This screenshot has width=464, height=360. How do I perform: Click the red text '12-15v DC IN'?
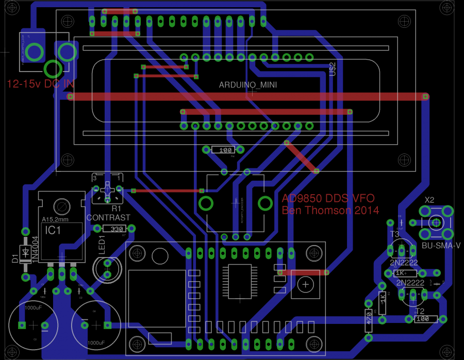coord(40,84)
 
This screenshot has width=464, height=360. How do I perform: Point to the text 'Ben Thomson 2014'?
coord(330,210)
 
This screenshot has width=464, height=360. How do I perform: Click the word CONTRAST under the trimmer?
coord(108,218)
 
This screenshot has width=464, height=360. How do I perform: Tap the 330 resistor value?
coord(118,229)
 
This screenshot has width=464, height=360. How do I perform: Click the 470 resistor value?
coord(369,318)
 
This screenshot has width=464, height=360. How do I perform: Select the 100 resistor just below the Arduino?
coord(225,150)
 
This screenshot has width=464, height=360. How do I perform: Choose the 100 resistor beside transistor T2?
coord(422,319)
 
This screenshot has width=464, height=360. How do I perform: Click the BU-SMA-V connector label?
coord(441,246)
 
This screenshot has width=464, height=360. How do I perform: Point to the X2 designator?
coord(429,200)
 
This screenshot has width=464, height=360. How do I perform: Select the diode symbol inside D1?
coord(25,252)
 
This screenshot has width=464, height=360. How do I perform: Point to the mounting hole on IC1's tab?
coord(62,206)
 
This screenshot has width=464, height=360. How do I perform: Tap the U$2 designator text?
coord(333,69)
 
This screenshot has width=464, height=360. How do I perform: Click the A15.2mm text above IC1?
coord(55,219)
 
